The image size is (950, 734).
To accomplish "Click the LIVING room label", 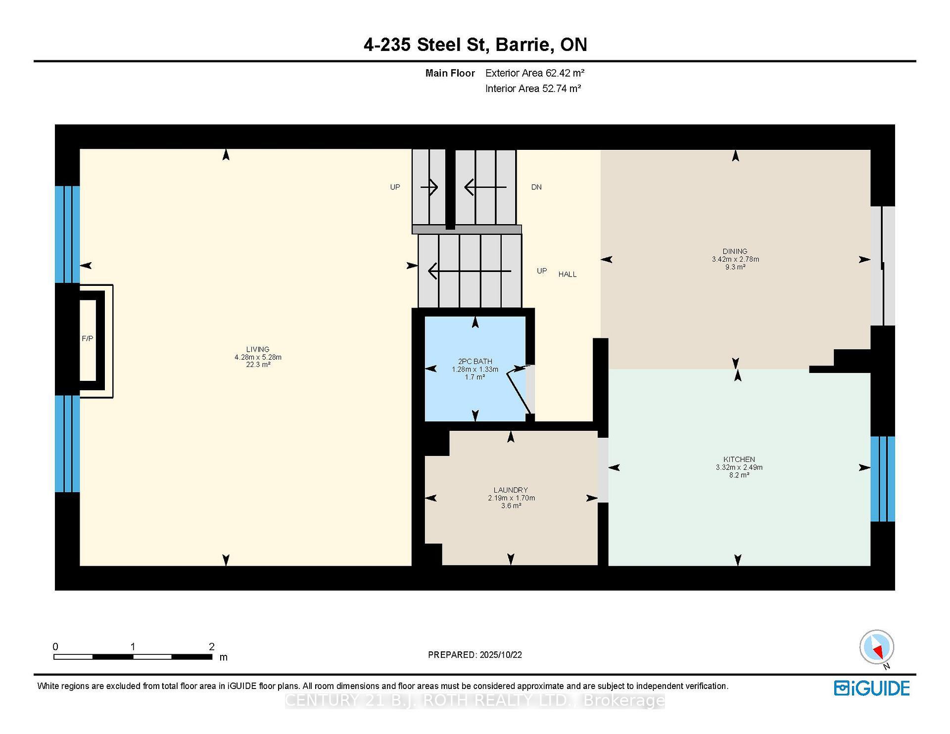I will point(258,349).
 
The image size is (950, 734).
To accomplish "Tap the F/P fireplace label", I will point(87,338).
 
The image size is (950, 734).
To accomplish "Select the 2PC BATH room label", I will point(475,361).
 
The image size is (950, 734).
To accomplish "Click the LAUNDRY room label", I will point(511,490).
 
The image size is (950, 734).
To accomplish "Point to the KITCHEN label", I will point(739,459).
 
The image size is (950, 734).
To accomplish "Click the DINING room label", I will point(735,251).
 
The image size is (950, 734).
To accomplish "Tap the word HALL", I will point(568,274).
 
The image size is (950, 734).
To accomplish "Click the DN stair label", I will point(536,187).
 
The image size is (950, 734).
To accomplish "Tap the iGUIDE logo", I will point(871,688).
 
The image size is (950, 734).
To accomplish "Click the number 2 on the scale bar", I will point(212,646).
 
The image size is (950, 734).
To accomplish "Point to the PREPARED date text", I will point(475,654).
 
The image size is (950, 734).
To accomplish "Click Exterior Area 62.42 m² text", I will point(535,73).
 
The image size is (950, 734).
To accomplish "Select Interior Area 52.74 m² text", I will point(533,89).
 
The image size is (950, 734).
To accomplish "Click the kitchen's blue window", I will point(882,479).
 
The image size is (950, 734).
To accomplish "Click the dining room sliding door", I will point(882,266).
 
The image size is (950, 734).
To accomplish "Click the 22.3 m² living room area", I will point(258,365).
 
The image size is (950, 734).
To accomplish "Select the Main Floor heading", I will point(450,73).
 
